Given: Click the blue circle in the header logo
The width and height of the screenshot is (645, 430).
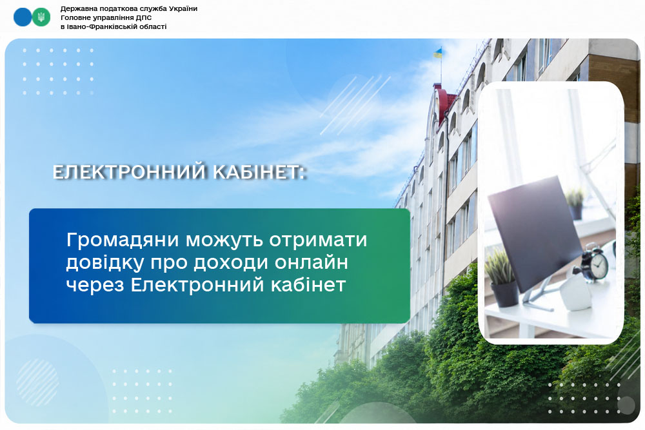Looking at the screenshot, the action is (22, 17).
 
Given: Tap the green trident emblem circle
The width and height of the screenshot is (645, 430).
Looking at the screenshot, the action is (41, 17).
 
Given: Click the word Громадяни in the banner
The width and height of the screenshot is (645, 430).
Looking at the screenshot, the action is (123, 240).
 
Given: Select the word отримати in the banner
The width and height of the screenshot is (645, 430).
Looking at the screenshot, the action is (318, 240).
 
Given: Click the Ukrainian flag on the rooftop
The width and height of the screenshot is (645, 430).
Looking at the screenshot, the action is (438, 53).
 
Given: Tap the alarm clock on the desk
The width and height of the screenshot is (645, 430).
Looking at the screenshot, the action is (595, 262).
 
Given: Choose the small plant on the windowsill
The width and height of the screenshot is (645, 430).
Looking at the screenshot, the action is (575, 204).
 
